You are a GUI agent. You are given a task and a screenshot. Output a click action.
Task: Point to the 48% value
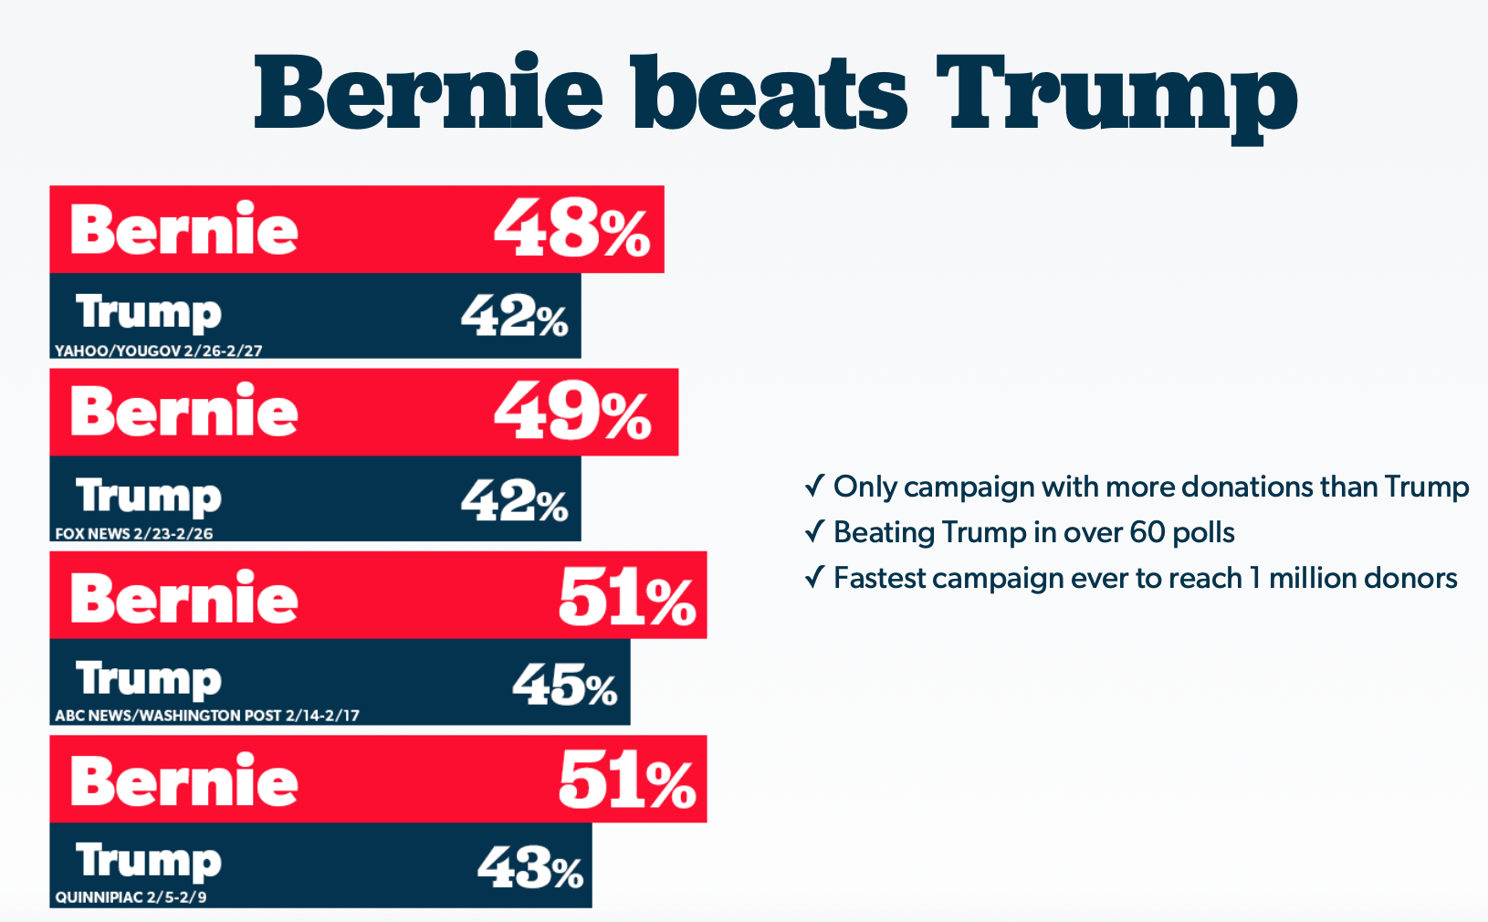tap(572, 229)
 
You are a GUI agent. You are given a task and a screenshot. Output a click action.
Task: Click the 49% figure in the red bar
tap(572, 412)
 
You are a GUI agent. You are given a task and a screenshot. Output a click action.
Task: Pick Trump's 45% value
tap(564, 685)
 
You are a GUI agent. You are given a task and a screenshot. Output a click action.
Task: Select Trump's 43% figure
tap(530, 868)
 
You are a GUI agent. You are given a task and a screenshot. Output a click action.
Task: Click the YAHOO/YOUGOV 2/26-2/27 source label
tap(159, 351)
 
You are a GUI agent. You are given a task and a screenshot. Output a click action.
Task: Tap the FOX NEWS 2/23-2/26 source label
tap(134, 533)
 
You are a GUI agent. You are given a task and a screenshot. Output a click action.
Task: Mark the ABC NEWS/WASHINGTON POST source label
tap(207, 716)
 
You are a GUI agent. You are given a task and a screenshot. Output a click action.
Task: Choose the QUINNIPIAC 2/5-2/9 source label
tap(131, 897)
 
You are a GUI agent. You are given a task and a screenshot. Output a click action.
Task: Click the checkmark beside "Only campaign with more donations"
tap(814, 486)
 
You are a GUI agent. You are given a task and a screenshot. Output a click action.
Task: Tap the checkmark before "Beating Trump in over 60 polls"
tap(814, 531)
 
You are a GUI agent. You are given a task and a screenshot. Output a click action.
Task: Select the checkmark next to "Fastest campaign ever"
tap(814, 577)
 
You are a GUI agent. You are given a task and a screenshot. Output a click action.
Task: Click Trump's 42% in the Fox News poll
tap(514, 501)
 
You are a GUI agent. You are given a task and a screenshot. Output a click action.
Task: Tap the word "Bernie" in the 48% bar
tap(184, 229)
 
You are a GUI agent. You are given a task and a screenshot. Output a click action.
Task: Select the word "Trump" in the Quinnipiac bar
tap(149, 862)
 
